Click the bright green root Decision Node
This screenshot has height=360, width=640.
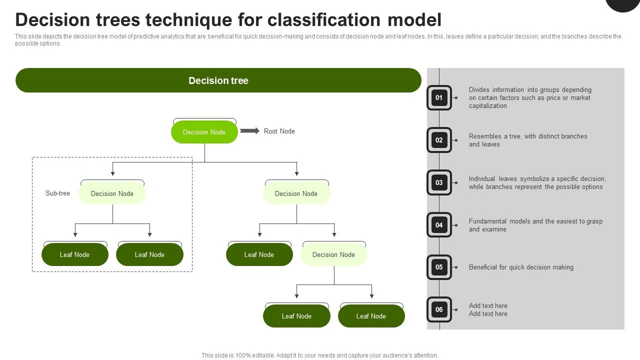click(204, 132)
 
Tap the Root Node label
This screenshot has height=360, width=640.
click(279, 131)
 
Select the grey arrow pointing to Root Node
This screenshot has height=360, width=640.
click(249, 131)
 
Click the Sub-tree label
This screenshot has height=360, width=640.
click(57, 193)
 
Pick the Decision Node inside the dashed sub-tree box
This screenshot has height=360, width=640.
click(112, 193)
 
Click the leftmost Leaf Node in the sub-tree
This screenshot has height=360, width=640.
click(74, 254)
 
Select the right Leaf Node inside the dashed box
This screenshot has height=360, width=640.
click(149, 254)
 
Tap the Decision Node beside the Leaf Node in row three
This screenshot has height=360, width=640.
click(333, 254)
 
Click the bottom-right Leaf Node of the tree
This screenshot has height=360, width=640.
click(371, 316)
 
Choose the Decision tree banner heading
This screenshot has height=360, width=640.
click(218, 80)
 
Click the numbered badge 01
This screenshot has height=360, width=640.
click(439, 97)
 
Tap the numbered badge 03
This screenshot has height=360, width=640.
click(439, 182)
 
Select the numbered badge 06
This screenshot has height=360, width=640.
click(439, 309)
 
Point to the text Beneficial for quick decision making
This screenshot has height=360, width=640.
click(521, 267)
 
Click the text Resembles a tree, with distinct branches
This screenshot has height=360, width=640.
click(528, 136)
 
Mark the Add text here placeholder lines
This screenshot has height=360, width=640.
click(488, 309)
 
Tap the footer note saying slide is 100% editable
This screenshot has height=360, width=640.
click(319, 355)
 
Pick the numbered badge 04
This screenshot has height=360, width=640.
click(439, 225)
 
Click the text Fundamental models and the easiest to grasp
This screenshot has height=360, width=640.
click(535, 221)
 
